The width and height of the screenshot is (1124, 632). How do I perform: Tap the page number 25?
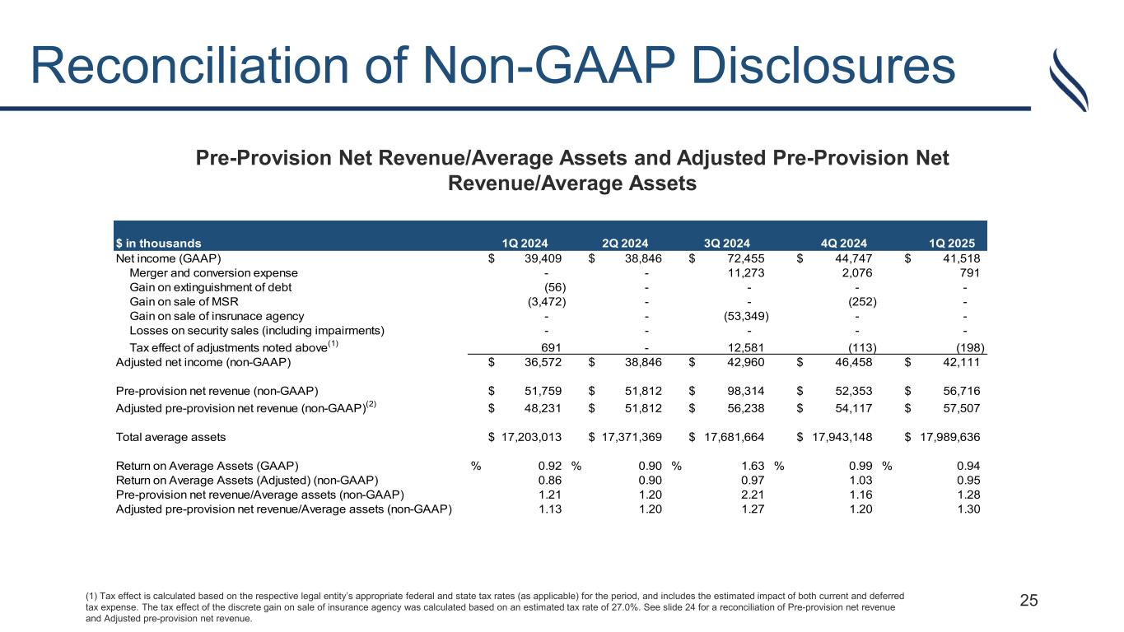(1028, 601)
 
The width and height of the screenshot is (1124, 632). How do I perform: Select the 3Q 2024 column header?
(726, 243)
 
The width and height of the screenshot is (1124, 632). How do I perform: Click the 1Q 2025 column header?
(952, 243)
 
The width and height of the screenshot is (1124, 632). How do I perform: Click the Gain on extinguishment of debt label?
(211, 287)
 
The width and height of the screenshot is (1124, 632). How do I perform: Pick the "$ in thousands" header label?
(157, 243)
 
